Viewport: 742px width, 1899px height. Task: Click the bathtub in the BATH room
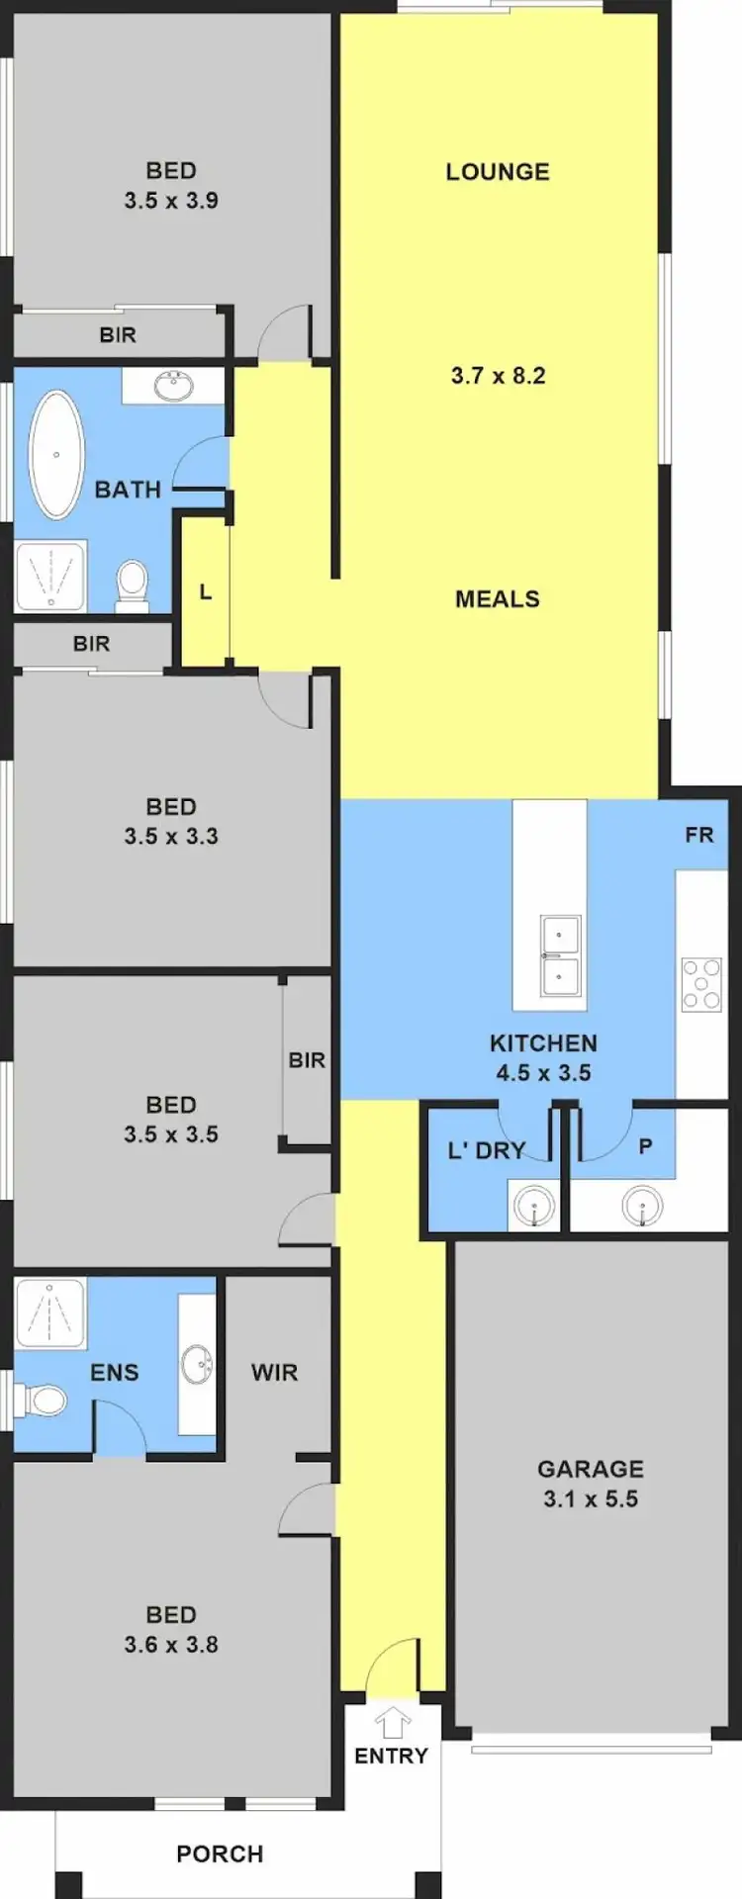click(55, 454)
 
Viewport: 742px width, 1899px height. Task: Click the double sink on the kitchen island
click(560, 955)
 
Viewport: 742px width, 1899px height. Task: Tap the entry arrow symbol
click(393, 1722)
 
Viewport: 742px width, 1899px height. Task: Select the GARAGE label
click(590, 1469)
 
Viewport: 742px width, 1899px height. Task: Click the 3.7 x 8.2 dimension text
click(498, 376)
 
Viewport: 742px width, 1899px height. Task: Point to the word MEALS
click(498, 598)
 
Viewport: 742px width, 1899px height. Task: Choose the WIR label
click(274, 1372)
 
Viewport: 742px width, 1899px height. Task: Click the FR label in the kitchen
click(698, 835)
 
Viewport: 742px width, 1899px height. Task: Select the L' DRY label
click(486, 1150)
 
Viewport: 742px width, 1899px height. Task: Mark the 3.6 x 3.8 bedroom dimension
click(171, 1645)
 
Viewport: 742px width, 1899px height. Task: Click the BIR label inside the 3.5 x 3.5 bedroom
click(307, 1060)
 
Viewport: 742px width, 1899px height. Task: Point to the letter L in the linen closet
click(205, 592)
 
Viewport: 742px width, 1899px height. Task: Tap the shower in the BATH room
click(50, 576)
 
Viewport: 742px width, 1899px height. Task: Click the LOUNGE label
click(498, 171)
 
